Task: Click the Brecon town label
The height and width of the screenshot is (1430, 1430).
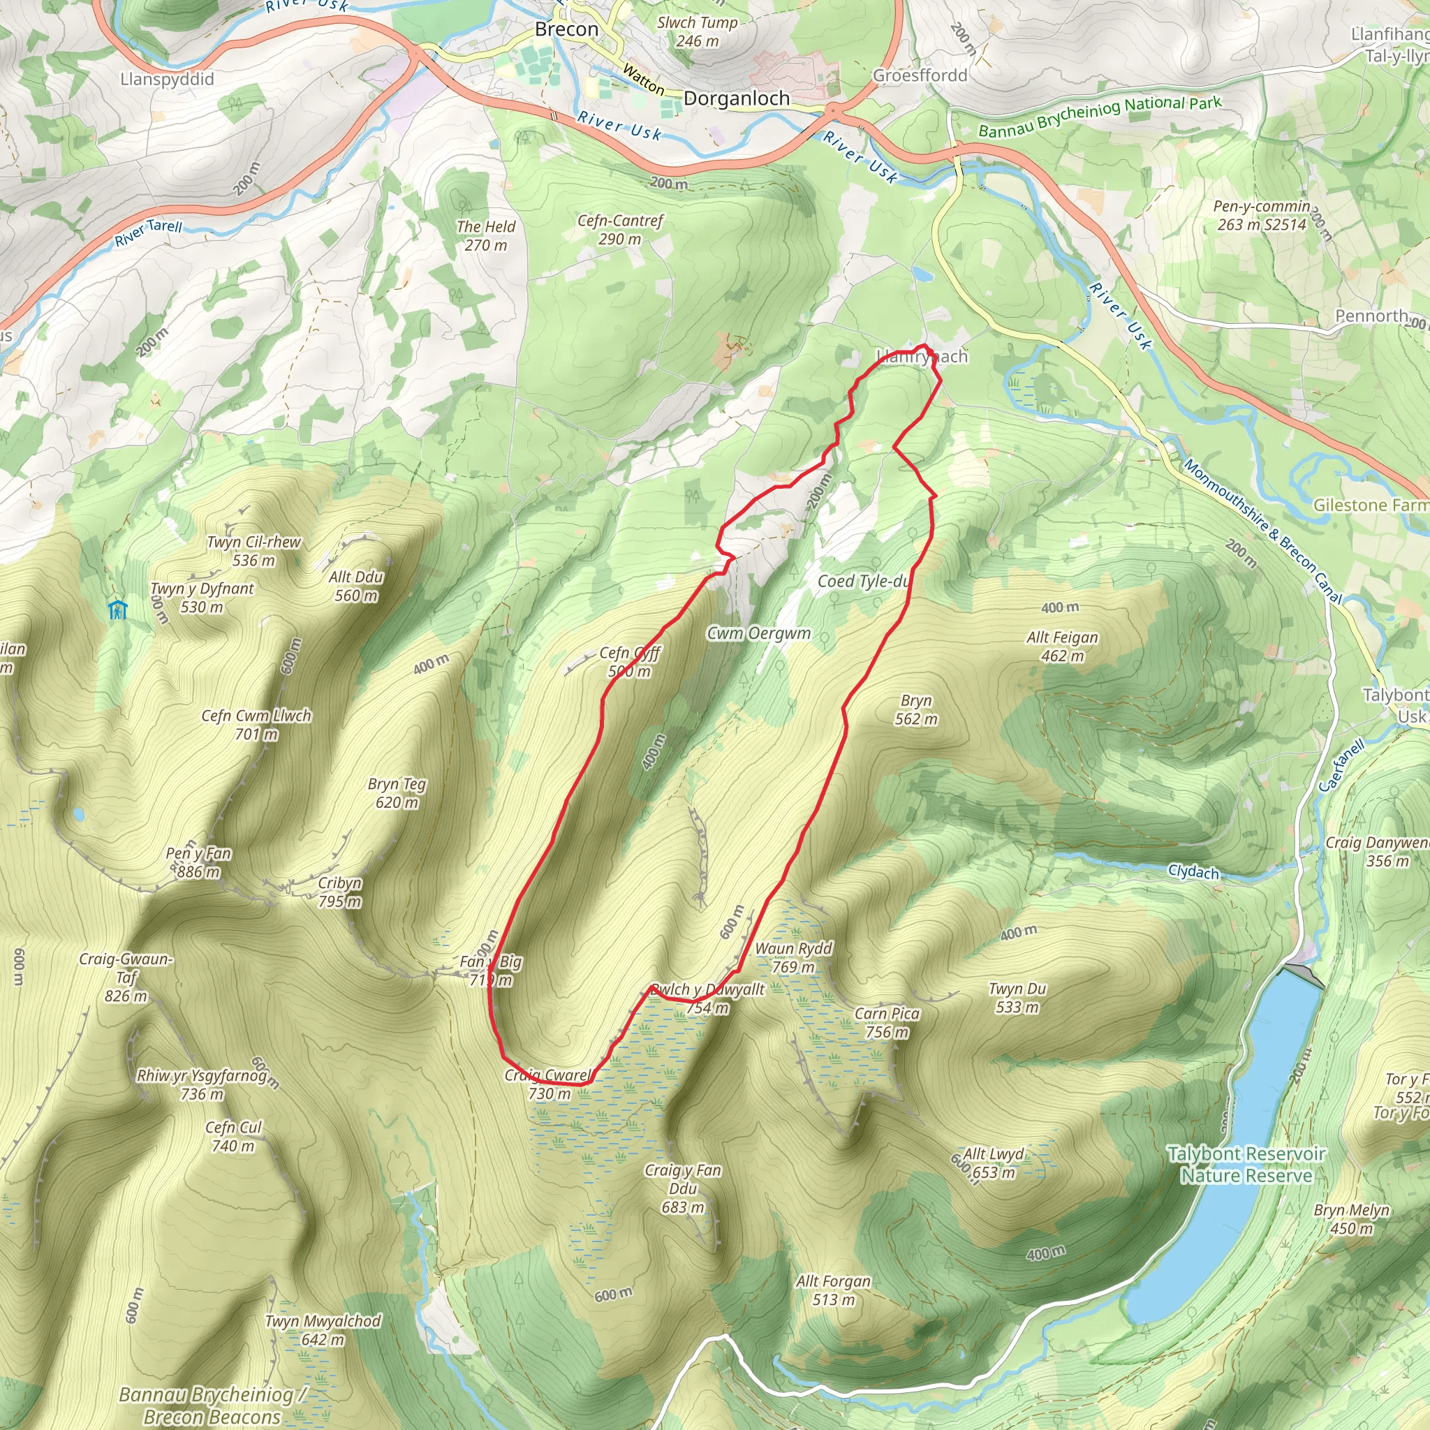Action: coord(566,29)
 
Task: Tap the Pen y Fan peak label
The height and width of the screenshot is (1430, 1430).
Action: coord(198,862)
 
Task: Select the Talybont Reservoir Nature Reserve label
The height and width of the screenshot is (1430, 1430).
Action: coord(1246,1164)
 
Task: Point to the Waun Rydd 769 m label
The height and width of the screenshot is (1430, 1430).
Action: coord(793,957)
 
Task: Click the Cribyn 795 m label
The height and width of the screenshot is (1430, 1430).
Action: coord(340,892)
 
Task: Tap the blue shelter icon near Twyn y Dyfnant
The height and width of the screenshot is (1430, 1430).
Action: coord(118,610)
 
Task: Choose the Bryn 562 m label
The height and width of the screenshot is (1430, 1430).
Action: coord(916,709)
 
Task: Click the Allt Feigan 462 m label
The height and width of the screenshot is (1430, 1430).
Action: coord(1062,646)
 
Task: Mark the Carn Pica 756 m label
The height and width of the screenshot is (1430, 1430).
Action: coord(887,1022)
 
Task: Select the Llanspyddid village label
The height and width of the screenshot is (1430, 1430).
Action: coord(168,79)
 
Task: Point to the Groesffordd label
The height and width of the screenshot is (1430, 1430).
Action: coord(920,75)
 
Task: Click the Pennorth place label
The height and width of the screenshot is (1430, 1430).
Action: coord(1371,316)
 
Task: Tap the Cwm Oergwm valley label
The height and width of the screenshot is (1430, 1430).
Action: coord(759,633)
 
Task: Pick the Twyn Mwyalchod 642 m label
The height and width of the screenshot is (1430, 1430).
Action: coord(323,1330)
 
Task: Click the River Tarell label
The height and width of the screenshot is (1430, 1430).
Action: coord(148,233)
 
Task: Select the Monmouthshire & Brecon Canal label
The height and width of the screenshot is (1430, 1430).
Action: coord(1262,531)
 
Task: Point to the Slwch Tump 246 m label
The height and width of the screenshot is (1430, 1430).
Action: coord(698,31)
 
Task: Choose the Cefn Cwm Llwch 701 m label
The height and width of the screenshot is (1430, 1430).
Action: coord(256,725)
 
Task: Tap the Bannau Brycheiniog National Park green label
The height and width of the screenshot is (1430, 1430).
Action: coord(1100,117)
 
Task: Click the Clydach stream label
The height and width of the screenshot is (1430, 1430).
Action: coord(1193,871)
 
